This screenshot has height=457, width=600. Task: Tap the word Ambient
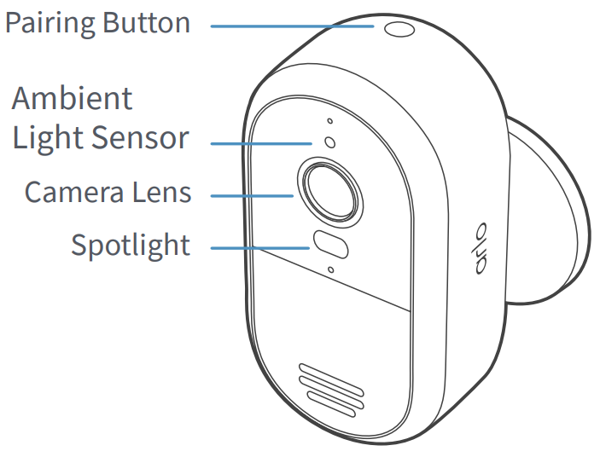pyautogui.click(x=73, y=99)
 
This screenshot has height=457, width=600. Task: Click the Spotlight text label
pyautogui.click(x=130, y=246)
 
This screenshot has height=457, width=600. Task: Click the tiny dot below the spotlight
pyautogui.click(x=330, y=272)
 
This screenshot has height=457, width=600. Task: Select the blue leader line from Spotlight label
pyautogui.click(x=260, y=248)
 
